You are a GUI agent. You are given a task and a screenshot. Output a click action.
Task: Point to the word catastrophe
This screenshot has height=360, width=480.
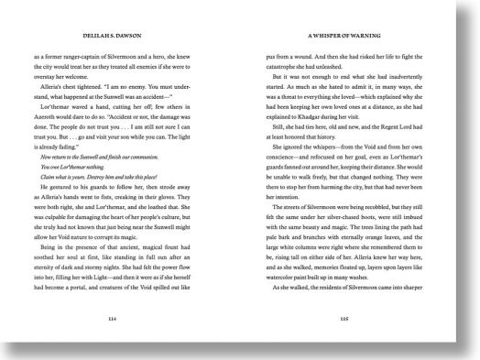tap(294, 64)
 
